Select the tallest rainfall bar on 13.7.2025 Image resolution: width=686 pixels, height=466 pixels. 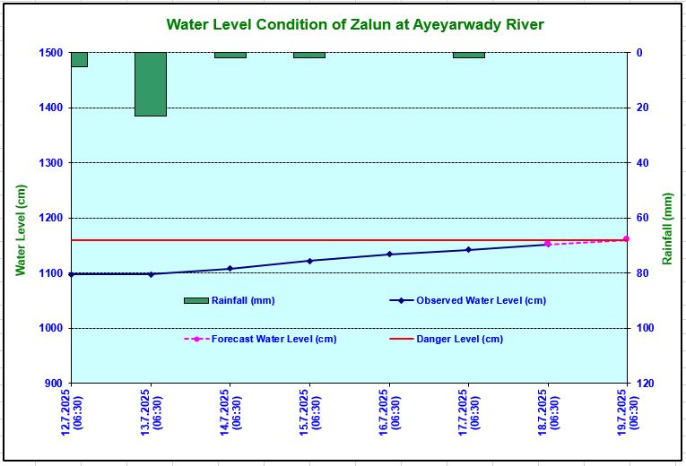(x=151, y=84)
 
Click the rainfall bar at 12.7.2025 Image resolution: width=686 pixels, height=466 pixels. (x=79, y=59)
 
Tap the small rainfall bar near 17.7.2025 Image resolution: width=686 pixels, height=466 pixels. (x=468, y=55)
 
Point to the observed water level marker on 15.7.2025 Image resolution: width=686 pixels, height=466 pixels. (x=309, y=261)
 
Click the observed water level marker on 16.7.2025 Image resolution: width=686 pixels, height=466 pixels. (x=389, y=255)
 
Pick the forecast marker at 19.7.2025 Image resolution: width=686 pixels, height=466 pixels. (x=626, y=239)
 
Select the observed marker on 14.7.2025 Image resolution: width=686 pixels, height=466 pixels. (x=230, y=269)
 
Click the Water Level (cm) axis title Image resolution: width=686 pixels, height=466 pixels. (x=21, y=230)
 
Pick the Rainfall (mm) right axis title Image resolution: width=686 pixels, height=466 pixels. (x=667, y=229)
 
